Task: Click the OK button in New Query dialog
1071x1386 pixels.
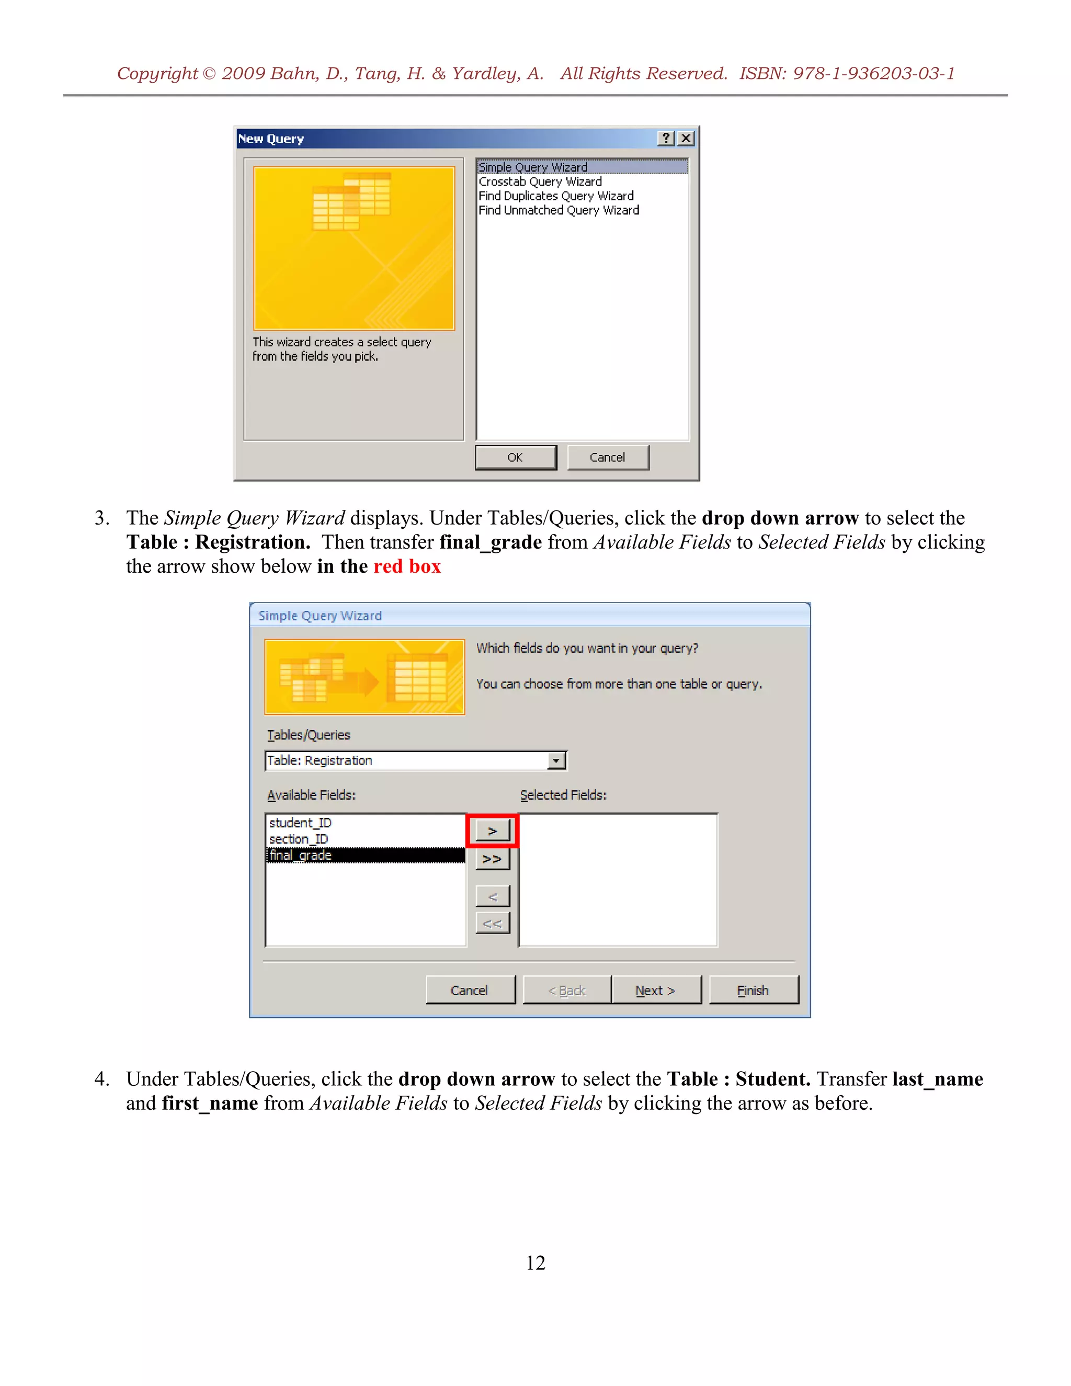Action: click(515, 458)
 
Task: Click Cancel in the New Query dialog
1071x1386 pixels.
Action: click(607, 458)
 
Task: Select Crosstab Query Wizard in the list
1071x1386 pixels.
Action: click(540, 181)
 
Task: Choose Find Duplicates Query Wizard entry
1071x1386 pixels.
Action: click(556, 196)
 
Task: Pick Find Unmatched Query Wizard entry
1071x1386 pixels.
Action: click(559, 210)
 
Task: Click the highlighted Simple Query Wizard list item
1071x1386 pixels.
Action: click(533, 167)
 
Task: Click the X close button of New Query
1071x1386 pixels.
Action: click(686, 139)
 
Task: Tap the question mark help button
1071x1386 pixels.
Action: click(666, 139)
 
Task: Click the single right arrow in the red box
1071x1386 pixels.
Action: click(492, 831)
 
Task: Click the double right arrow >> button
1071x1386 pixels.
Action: click(492, 859)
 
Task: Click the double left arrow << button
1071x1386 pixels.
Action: click(492, 923)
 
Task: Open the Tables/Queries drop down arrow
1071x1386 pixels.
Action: click(556, 760)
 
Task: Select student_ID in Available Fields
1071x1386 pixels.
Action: click(300, 823)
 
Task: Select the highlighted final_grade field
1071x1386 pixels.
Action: click(301, 856)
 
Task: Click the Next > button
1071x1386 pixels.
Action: click(655, 991)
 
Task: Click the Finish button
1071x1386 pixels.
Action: click(753, 991)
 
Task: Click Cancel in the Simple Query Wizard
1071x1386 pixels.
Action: click(470, 991)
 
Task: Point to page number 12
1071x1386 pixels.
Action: click(535, 1263)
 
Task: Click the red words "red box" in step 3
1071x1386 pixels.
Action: click(407, 566)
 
